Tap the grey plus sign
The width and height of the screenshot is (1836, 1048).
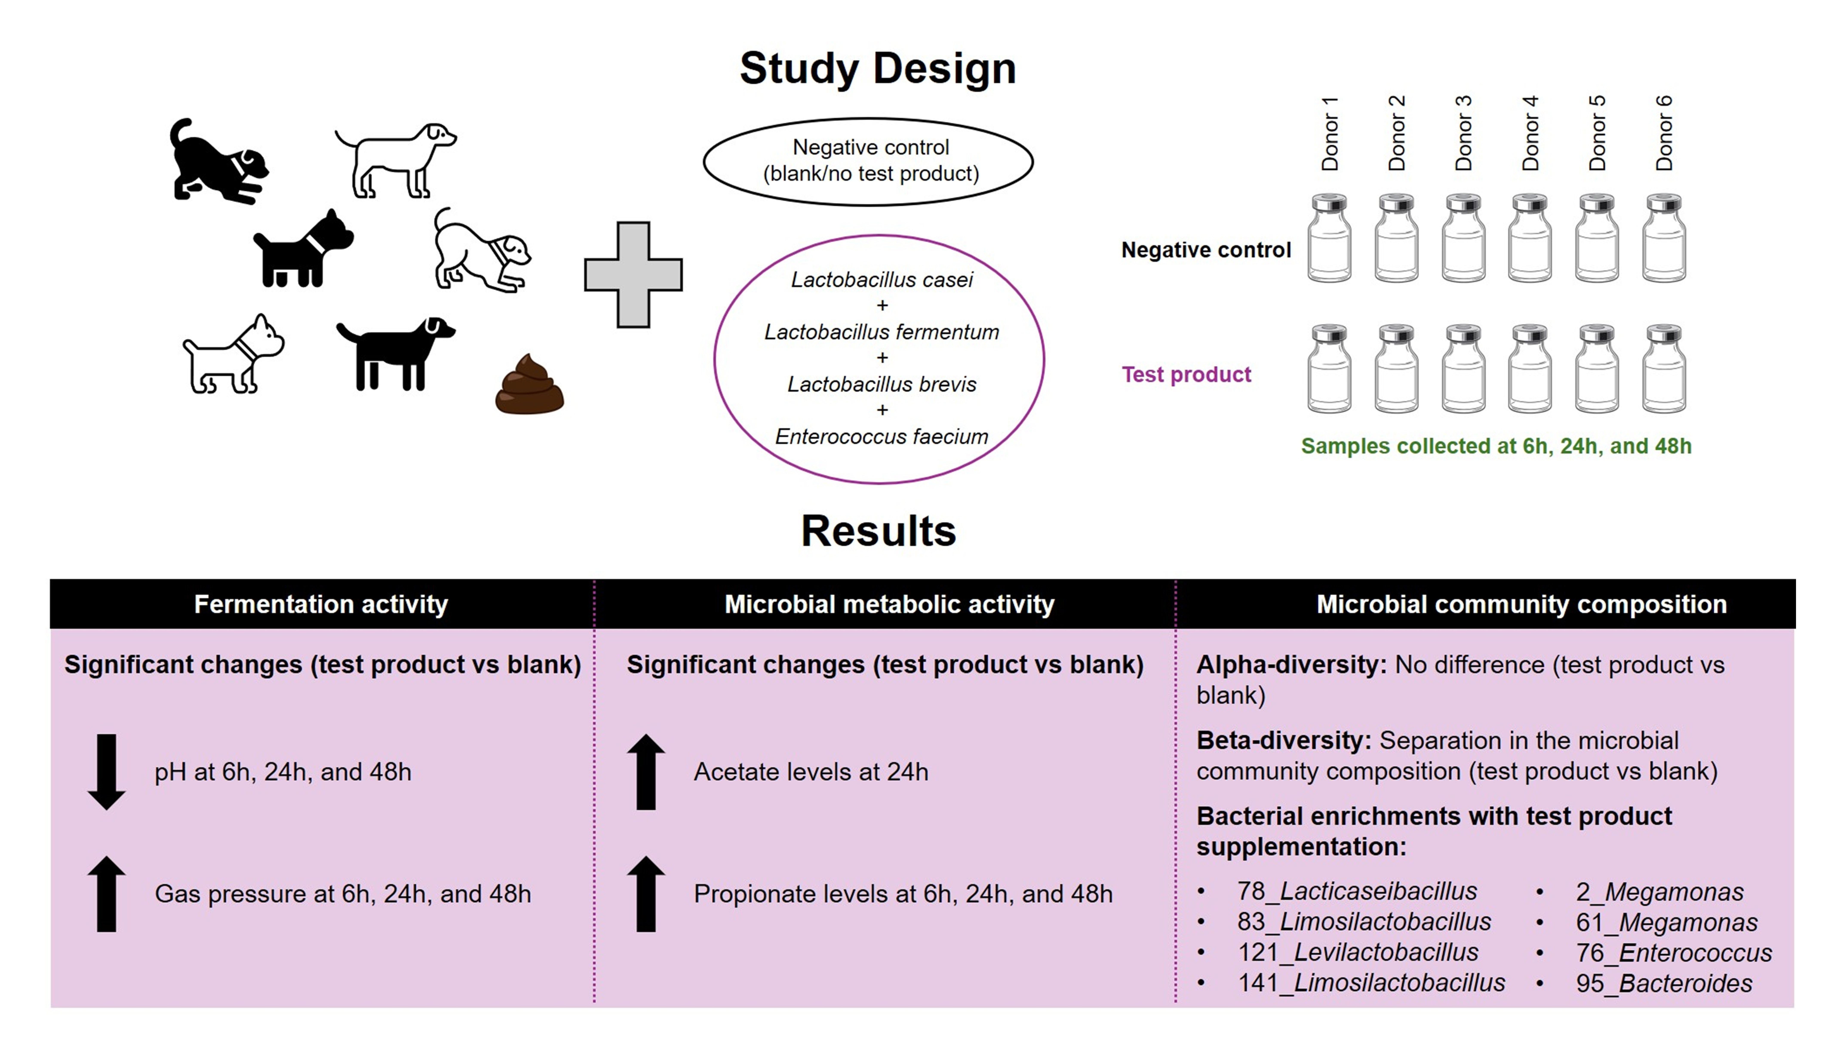(633, 275)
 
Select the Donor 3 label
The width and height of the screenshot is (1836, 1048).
(1463, 133)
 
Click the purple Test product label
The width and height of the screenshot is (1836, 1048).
(1186, 374)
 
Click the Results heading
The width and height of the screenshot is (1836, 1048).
(878, 531)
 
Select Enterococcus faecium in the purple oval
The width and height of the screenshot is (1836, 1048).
(882, 436)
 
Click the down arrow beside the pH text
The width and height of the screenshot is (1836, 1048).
(106, 772)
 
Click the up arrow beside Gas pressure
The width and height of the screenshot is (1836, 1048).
(106, 894)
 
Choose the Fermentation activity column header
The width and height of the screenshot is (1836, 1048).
(321, 604)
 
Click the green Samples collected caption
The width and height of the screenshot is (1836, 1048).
(1496, 446)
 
